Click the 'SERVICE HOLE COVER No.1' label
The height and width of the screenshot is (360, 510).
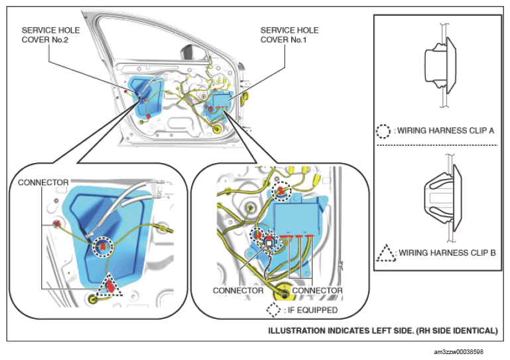tap(289, 36)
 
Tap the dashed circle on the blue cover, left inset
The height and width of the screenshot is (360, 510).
tap(103, 246)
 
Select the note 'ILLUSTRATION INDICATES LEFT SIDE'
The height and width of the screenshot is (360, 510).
tap(382, 330)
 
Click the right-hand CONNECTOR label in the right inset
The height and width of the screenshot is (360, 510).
tap(317, 290)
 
